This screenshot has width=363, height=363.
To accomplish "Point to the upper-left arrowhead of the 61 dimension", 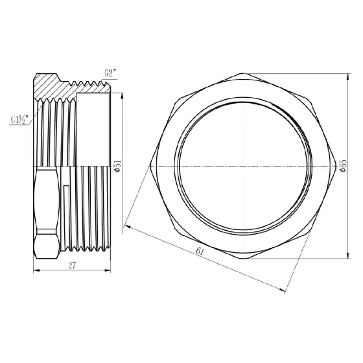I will (x=128, y=226).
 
